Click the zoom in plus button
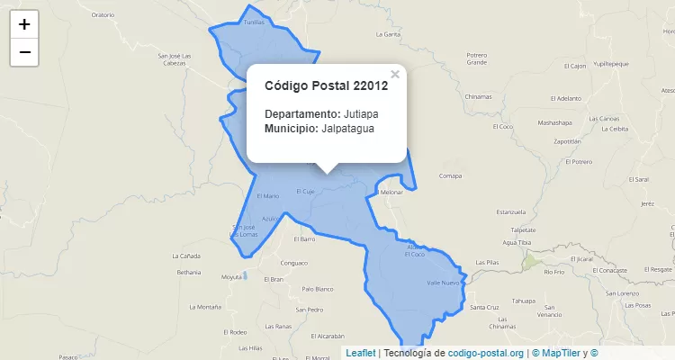[x=24, y=24]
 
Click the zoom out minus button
[x=24, y=52]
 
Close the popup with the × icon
[x=394, y=75]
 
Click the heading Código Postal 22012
[x=326, y=86]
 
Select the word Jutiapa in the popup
[x=361, y=114]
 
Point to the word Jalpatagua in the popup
[x=347, y=129]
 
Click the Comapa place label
[x=450, y=176]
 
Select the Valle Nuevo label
[x=443, y=283]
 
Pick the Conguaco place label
[x=294, y=263]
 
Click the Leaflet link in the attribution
[x=361, y=353]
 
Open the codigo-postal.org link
[x=486, y=353]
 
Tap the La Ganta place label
[x=388, y=34]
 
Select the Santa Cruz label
[x=485, y=308]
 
